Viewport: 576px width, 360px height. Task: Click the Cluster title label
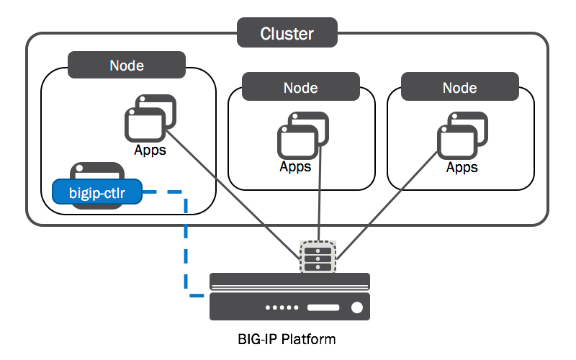287,33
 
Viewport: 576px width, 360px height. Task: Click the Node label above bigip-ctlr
127,65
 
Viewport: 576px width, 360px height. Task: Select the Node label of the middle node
300,88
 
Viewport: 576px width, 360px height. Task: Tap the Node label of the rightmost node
459,88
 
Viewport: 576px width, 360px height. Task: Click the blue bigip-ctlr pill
96,192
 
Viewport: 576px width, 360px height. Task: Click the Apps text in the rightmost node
462,168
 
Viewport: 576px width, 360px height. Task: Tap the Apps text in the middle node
296,167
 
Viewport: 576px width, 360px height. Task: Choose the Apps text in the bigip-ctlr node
150,150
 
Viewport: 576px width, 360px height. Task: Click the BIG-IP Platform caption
287,338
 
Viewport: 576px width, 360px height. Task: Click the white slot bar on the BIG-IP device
323,307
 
